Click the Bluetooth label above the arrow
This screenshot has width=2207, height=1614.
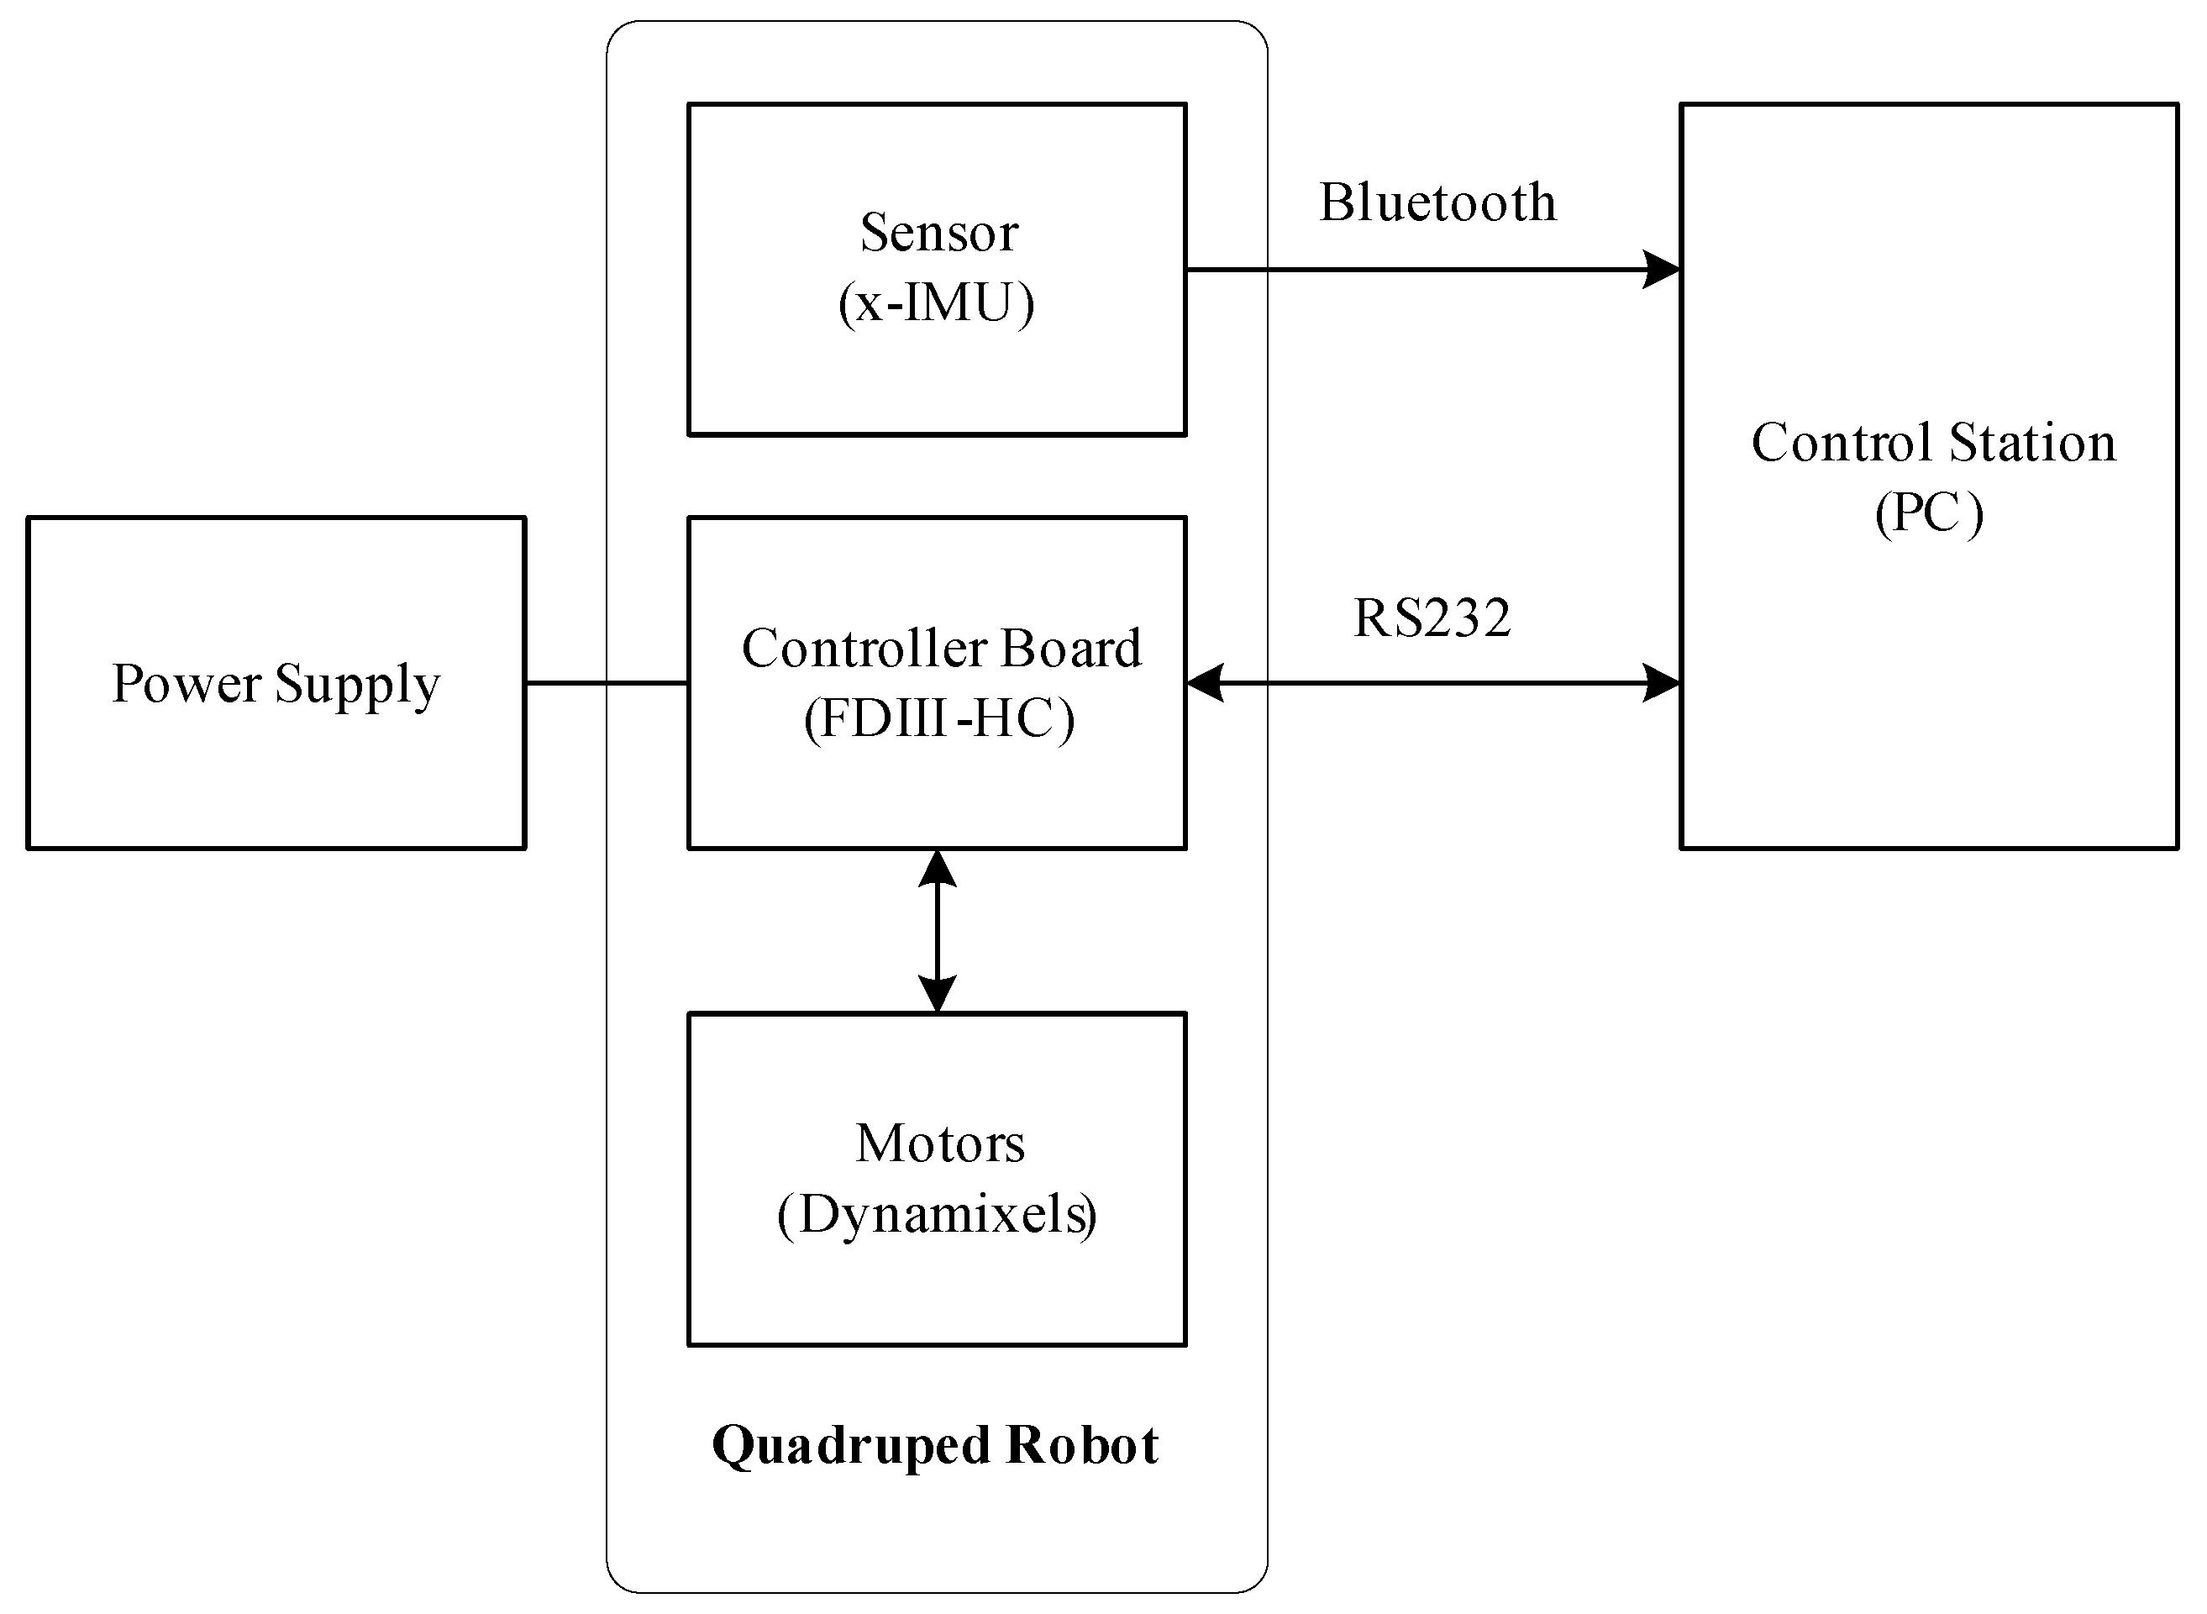[1437, 203]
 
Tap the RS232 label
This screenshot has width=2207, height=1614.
[1432, 618]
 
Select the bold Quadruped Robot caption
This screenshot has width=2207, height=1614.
[935, 1445]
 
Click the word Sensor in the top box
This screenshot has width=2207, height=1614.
[939, 233]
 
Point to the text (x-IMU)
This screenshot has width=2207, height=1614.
[936, 302]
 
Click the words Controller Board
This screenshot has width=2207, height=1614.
[941, 648]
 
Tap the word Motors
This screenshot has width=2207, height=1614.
[940, 1143]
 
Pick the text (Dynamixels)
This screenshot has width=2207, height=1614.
[937, 1214]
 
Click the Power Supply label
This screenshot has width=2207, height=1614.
[276, 683]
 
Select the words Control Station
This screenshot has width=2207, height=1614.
[1933, 443]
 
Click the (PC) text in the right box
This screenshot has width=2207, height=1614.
[1929, 512]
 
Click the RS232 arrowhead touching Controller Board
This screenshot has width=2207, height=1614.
[1205, 683]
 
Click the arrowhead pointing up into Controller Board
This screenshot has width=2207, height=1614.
[937, 869]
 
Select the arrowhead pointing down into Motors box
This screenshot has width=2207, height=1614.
[937, 994]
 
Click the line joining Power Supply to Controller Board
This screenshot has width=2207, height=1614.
[606, 683]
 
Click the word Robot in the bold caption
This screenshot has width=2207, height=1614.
[1081, 1445]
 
